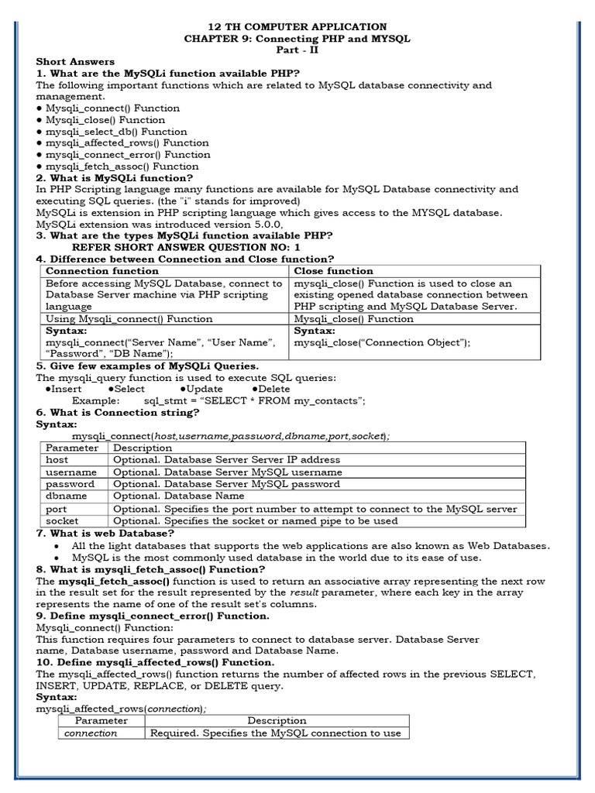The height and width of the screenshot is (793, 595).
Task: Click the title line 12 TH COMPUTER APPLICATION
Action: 297,26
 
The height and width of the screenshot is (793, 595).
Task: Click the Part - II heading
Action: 297,50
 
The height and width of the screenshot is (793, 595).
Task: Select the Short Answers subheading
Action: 75,61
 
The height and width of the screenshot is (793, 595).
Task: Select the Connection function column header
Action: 102,271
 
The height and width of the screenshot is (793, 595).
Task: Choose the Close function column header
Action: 333,271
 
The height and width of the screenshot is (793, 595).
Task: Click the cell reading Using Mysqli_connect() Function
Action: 129,318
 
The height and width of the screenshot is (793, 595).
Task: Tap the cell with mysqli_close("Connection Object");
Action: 382,342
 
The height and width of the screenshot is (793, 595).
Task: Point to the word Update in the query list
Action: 205,389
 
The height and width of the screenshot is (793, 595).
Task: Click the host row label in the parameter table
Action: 57,459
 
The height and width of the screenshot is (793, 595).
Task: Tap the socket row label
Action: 62,521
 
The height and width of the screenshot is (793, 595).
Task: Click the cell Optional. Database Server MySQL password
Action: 226,484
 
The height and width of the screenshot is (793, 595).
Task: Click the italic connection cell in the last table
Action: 91,733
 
